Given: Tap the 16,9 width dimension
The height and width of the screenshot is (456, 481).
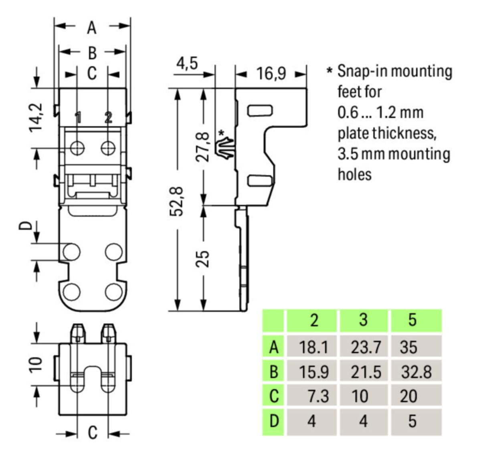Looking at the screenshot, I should point(271,73).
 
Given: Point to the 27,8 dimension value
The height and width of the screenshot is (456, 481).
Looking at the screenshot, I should point(203,146).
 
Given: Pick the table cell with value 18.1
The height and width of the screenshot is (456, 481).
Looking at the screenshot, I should point(313,347).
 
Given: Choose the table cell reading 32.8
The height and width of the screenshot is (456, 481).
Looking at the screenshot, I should point(416,372).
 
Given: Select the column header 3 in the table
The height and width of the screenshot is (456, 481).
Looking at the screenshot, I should point(363,320).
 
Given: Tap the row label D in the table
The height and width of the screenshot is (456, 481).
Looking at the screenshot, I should point(274,421).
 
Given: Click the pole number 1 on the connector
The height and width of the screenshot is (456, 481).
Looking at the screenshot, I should point(78,117).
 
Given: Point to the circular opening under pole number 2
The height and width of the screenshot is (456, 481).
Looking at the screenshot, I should point(107,148).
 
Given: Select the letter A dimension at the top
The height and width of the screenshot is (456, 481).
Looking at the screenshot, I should point(92,28).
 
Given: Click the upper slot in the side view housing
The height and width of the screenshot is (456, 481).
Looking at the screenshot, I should point(260,110).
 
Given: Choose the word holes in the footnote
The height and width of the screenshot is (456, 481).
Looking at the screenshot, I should point(354,175).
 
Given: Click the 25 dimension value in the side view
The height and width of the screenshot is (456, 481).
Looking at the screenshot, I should point(203,258).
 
